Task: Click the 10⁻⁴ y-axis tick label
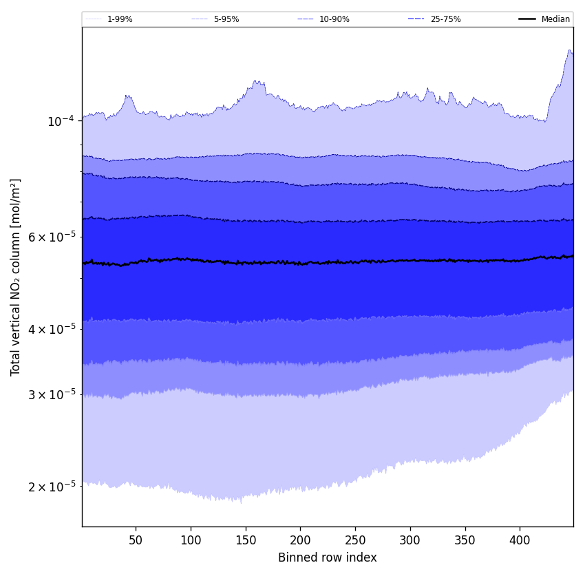tap(60, 122)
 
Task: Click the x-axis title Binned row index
tap(328, 558)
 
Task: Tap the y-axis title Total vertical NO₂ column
tap(16, 277)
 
